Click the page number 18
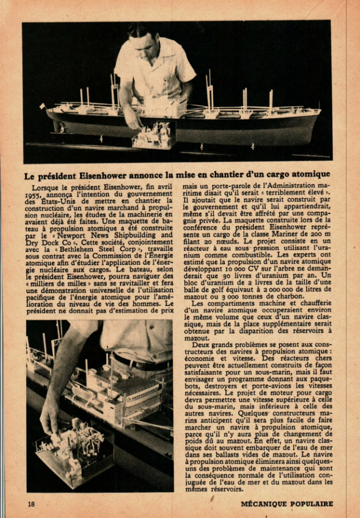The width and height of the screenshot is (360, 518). click(x=31, y=504)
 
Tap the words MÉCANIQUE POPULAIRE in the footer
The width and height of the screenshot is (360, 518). click(x=287, y=504)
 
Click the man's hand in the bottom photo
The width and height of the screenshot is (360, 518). click(x=50, y=415)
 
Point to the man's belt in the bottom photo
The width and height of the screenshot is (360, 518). click(x=139, y=362)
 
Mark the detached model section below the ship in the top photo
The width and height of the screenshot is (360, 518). click(x=152, y=137)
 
